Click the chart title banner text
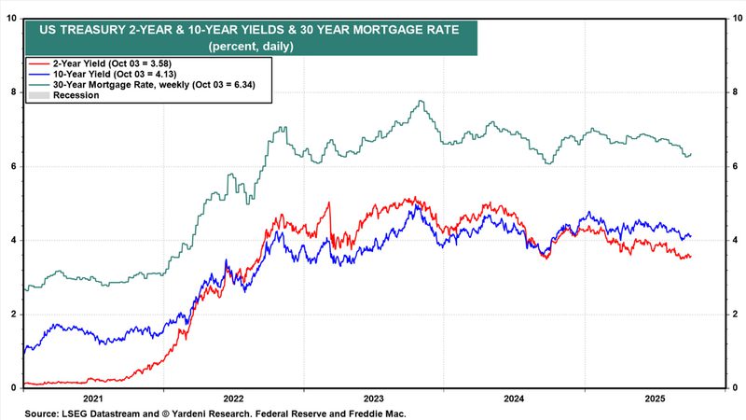[249, 29]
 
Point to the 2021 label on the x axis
[93, 398]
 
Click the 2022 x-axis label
[233, 398]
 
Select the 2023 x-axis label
[373, 398]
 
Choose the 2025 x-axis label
[654, 398]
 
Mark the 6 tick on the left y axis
[11, 166]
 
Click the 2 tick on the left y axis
[11, 315]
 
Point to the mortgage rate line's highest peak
[421, 101]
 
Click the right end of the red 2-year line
[692, 256]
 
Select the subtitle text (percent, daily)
[251, 46]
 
